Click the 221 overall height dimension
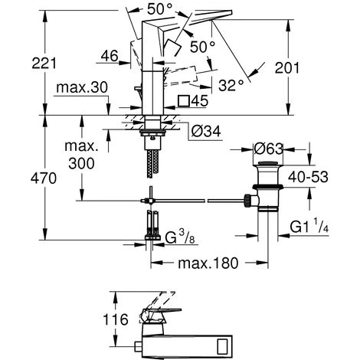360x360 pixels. (44, 63)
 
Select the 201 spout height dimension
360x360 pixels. (287, 68)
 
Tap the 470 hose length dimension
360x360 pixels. (44, 178)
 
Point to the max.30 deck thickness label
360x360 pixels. (82, 87)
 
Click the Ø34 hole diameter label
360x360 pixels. (206, 132)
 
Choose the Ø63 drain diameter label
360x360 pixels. (269, 149)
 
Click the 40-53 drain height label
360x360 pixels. (308, 177)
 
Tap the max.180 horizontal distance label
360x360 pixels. (208, 263)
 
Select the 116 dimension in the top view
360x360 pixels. (116, 319)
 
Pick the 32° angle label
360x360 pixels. (231, 85)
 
